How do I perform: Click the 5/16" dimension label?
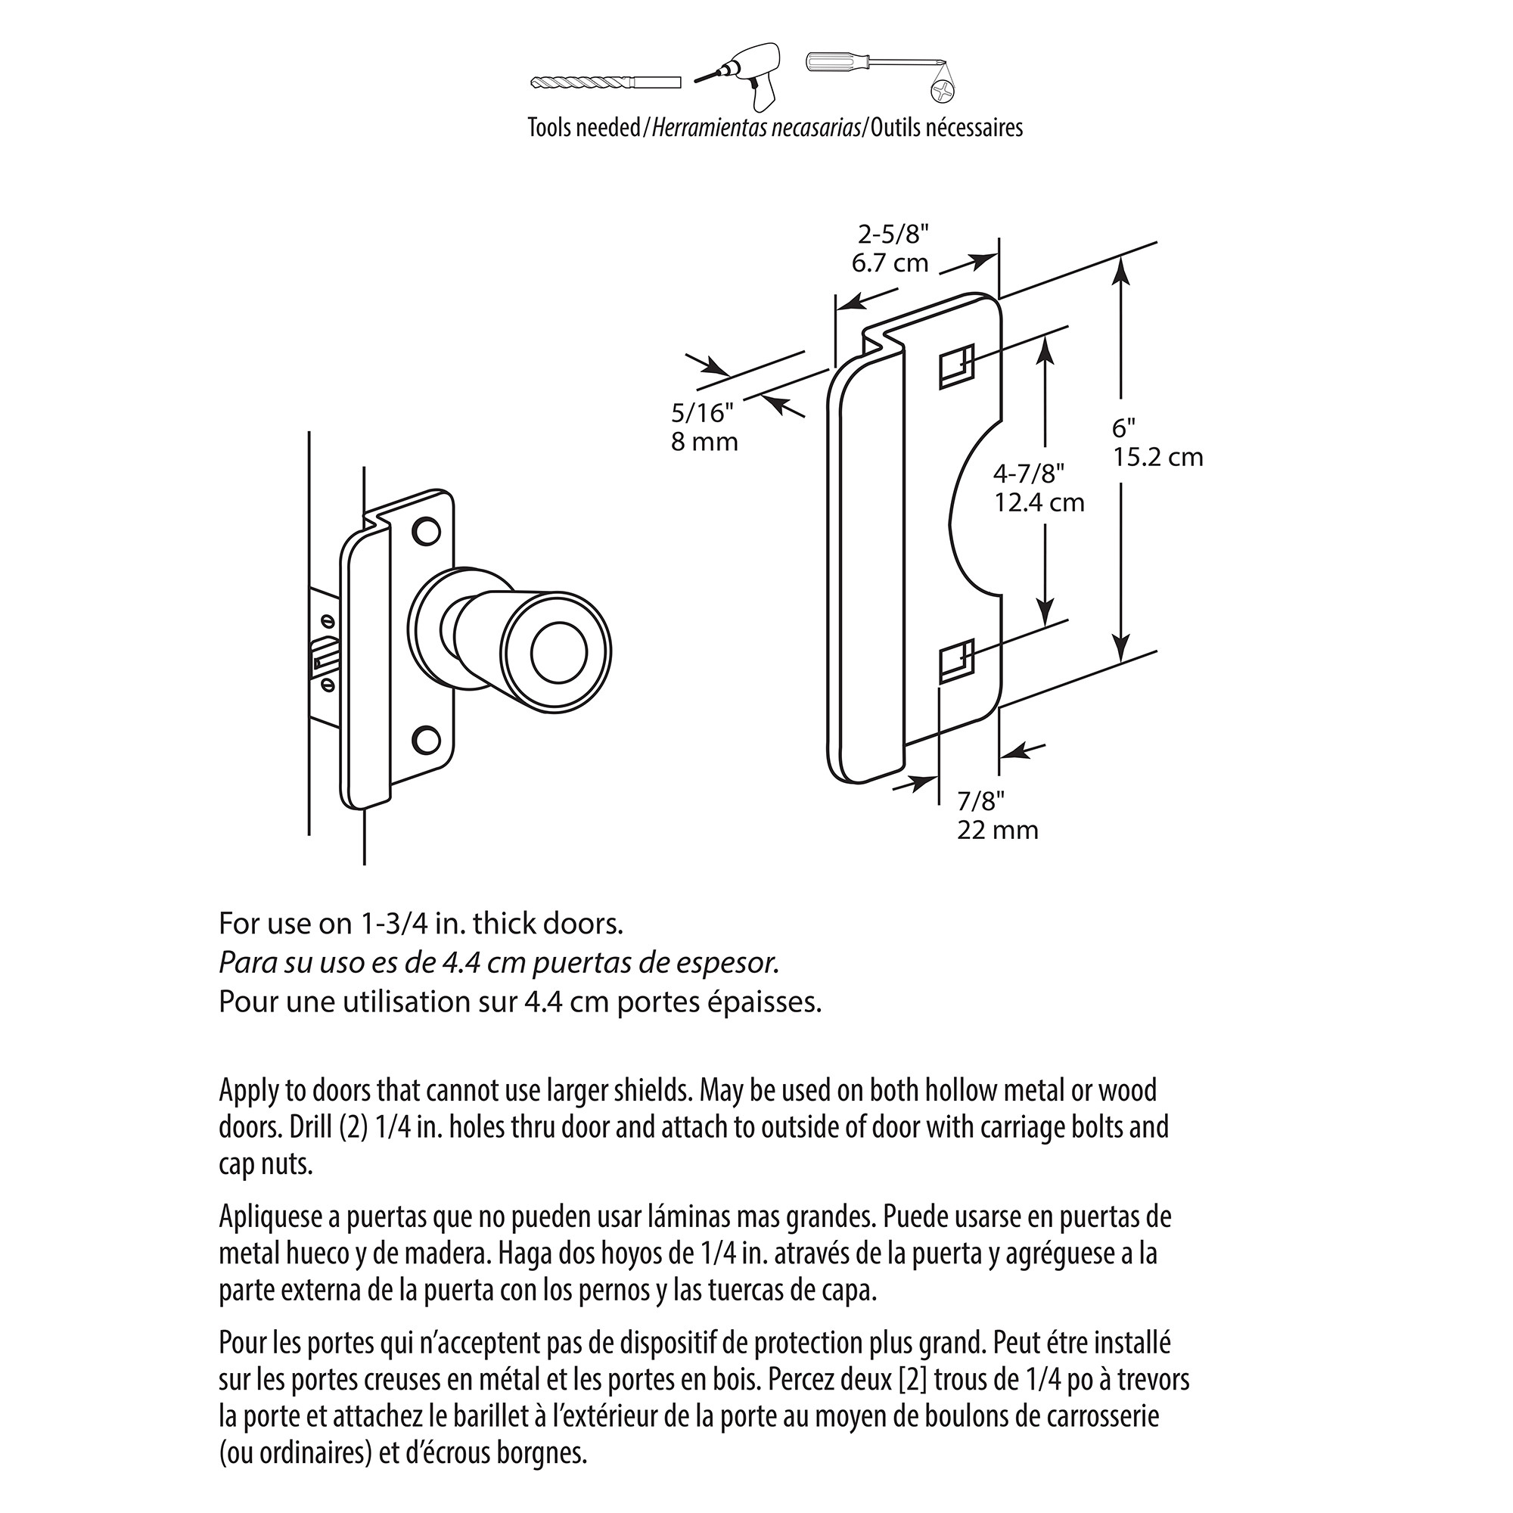pos(703,412)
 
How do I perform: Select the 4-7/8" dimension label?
pos(1028,473)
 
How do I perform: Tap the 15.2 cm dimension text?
pos(1157,458)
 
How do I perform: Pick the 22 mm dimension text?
pos(997,830)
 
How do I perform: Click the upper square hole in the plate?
pos(956,366)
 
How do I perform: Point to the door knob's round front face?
pos(558,651)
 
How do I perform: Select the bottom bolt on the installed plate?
pos(426,739)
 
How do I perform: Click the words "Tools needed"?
pos(583,128)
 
